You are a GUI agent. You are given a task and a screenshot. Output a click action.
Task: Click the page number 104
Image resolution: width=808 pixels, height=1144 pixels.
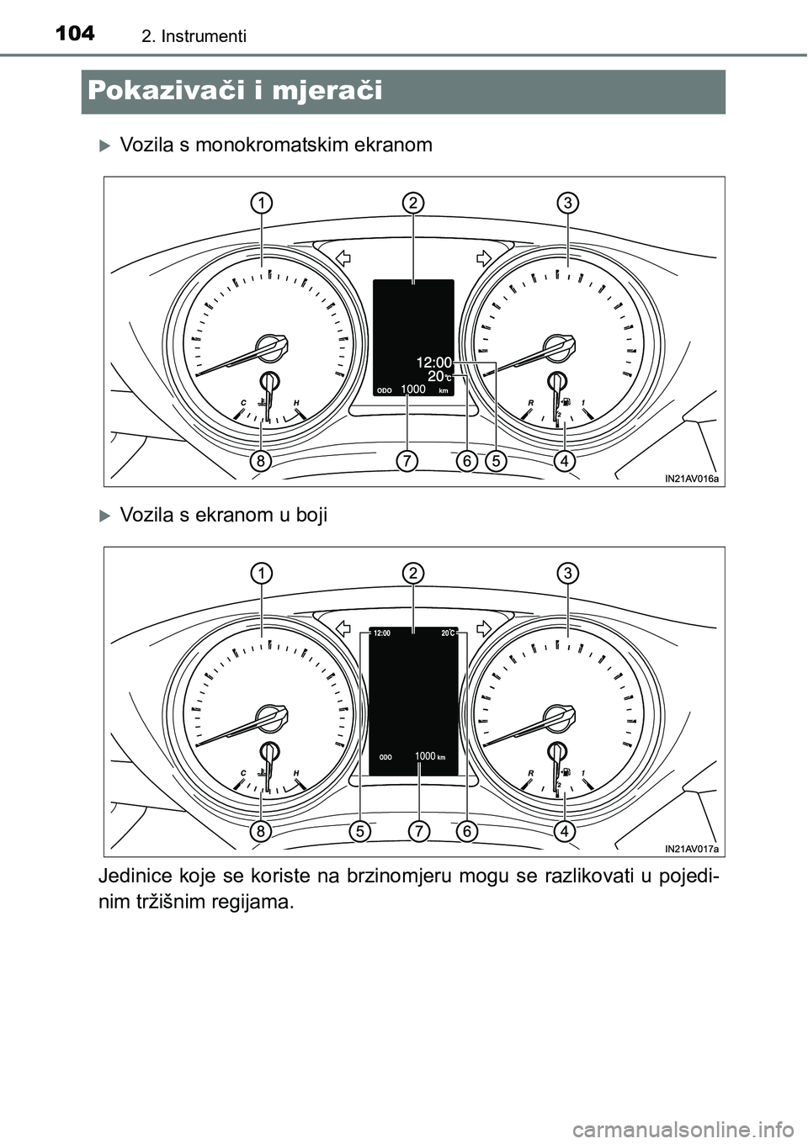pyautogui.click(x=75, y=34)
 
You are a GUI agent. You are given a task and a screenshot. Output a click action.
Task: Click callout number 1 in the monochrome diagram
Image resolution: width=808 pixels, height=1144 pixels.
pyautogui.click(x=261, y=204)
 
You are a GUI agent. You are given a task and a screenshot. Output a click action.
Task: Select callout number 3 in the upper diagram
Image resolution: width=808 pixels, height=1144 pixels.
pyautogui.click(x=567, y=204)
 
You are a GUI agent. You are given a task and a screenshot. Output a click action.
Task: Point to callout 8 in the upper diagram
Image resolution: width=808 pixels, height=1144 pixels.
pyautogui.click(x=261, y=462)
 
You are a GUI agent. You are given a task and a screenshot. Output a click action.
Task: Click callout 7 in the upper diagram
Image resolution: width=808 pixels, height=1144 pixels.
pyautogui.click(x=407, y=462)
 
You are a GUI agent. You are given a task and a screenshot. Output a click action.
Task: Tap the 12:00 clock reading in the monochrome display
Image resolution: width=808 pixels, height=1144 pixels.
pyautogui.click(x=434, y=363)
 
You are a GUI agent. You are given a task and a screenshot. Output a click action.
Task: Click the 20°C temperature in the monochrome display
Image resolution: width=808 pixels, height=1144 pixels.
pyautogui.click(x=439, y=377)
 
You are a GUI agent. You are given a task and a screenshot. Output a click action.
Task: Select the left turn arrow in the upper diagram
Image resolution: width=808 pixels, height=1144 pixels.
pyautogui.click(x=343, y=259)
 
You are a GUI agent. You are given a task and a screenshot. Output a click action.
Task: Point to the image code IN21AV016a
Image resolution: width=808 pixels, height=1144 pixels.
pyautogui.click(x=692, y=479)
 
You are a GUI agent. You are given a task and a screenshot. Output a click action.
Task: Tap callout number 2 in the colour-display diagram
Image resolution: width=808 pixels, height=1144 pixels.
pyautogui.click(x=413, y=574)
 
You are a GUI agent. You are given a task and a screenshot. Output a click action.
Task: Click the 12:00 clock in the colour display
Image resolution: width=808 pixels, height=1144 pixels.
pyautogui.click(x=382, y=633)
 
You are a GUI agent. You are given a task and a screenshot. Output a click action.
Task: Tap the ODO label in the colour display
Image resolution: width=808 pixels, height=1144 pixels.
pyautogui.click(x=385, y=757)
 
